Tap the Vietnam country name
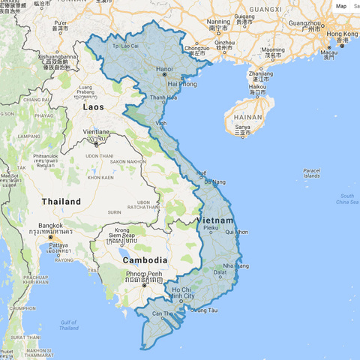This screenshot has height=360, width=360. click(217, 220)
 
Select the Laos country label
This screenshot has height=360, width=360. click(94, 108)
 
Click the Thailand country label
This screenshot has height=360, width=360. click(61, 202)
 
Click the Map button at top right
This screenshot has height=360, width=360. click(341, 6)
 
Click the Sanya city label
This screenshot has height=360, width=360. click(242, 127)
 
